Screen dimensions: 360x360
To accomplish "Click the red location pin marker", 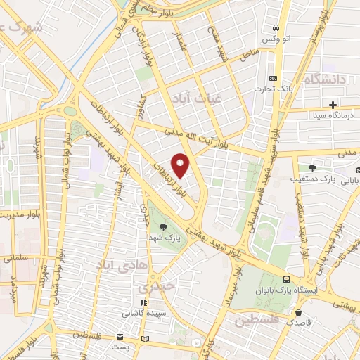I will click(x=181, y=165).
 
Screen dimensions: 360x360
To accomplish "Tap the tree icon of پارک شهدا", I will click(x=163, y=226).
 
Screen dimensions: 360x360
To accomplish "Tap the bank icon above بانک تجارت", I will click(x=274, y=78).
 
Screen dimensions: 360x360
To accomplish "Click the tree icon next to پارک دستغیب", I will click(x=311, y=168).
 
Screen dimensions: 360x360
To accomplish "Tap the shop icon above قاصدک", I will click(x=300, y=312).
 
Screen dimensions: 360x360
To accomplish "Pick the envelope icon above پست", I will click(x=120, y=338).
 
